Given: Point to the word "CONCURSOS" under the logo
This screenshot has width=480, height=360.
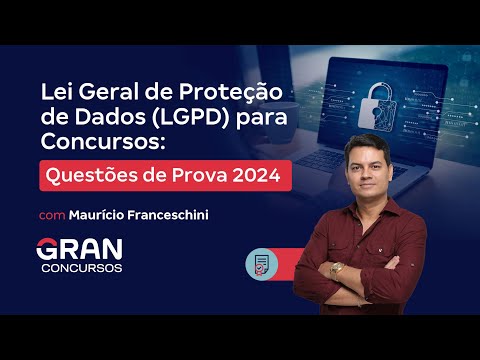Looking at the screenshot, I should click(82, 269).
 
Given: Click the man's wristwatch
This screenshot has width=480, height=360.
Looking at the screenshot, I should click(337, 268).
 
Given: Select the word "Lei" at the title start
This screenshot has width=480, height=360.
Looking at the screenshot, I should click(55, 92).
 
